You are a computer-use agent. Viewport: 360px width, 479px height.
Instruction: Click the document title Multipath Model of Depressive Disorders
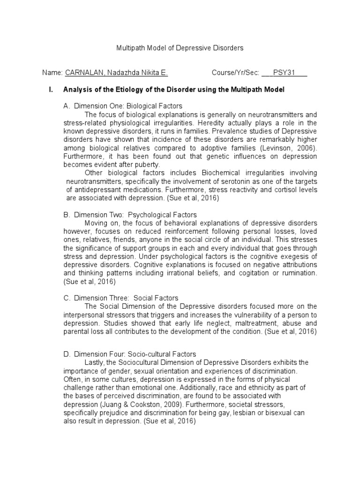[x=180, y=48]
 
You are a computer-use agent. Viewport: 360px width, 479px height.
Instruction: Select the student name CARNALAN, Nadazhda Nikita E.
[x=116, y=73]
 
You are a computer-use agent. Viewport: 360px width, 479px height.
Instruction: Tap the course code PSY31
[x=285, y=73]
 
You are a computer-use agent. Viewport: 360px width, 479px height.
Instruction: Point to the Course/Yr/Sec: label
[x=235, y=73]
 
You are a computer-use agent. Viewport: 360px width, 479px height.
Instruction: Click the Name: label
[x=52, y=73]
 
